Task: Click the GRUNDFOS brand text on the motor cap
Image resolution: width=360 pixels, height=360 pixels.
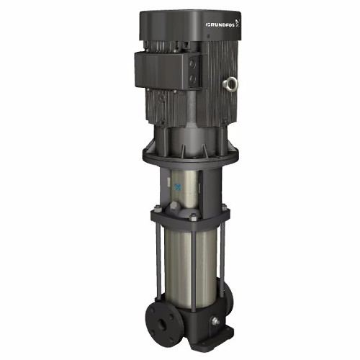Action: (220, 24)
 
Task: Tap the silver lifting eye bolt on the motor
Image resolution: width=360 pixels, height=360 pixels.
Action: (230, 83)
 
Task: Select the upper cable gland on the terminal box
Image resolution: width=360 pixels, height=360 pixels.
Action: (192, 64)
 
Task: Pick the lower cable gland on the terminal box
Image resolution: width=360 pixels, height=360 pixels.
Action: (192, 79)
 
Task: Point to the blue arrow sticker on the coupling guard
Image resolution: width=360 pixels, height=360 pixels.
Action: (178, 186)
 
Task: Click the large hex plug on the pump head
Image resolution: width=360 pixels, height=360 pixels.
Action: (175, 207)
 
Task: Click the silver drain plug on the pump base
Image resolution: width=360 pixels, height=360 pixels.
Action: (215, 321)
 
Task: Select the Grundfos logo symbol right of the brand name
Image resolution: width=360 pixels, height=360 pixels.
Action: (238, 22)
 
